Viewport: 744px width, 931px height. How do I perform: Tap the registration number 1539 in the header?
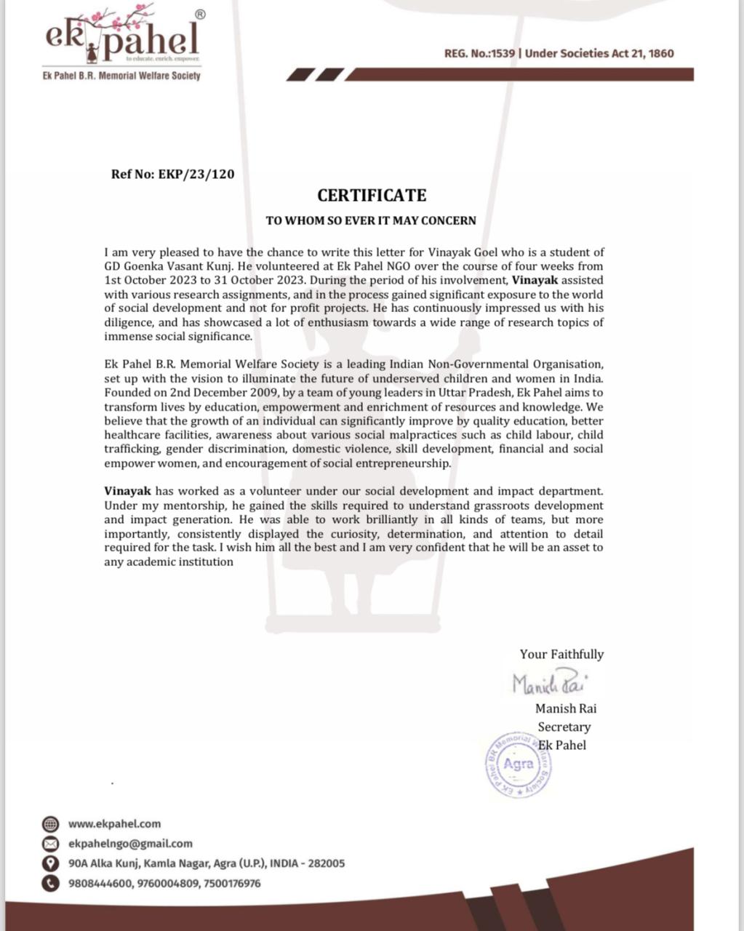(505, 53)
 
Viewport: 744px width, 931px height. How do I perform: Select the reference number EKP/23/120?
(196, 175)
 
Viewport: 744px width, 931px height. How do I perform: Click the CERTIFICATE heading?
(372, 195)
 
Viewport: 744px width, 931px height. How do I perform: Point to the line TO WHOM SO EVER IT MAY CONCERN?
(371, 220)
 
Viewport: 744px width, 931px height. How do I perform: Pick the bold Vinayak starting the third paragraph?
(127, 491)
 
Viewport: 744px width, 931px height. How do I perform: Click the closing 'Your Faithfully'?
(561, 654)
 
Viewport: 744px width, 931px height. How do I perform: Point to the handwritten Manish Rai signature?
(549, 684)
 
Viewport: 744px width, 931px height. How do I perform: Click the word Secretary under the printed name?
(564, 727)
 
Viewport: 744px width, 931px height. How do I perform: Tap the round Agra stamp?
(518, 764)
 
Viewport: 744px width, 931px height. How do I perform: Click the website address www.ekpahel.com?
(114, 824)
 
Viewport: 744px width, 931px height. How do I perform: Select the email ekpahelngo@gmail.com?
(130, 844)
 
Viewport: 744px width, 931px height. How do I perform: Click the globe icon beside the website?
(50, 824)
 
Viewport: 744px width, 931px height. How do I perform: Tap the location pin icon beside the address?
(50, 863)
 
